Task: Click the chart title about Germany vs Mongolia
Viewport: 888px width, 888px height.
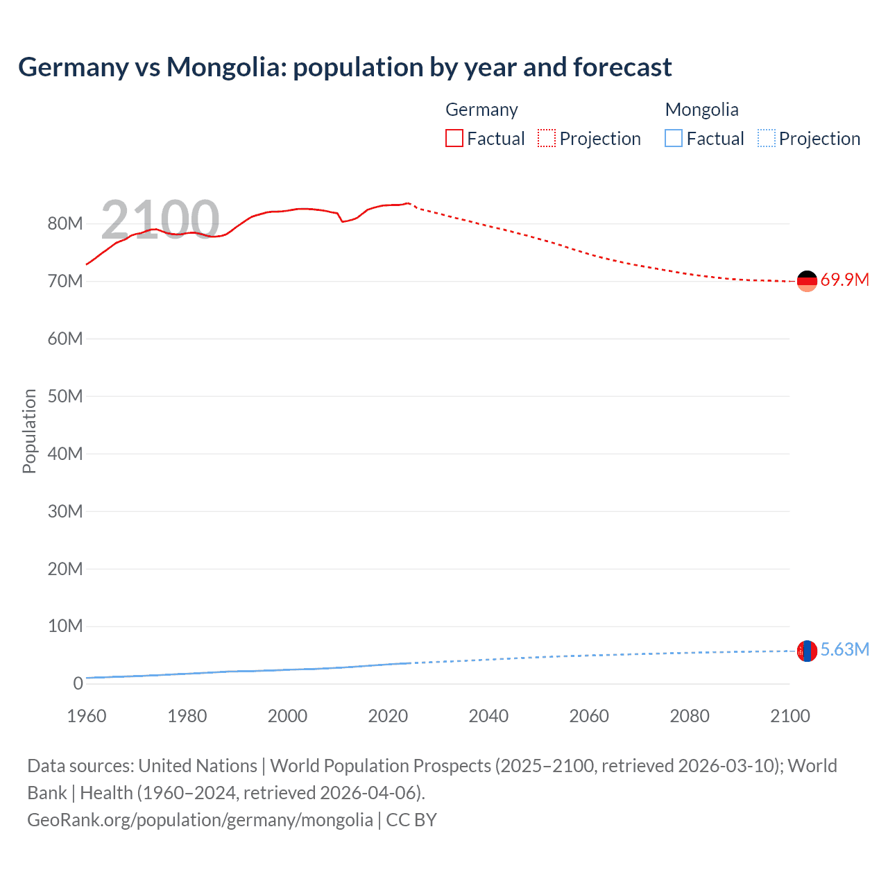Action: tap(345, 67)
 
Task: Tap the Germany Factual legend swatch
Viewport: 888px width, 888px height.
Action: tap(454, 139)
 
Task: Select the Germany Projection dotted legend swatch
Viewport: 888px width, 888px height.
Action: tap(547, 139)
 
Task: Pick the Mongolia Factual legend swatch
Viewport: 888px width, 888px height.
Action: tap(674, 139)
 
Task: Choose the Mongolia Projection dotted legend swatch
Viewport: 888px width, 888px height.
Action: tap(767, 139)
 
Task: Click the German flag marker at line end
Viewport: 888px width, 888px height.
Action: tap(807, 281)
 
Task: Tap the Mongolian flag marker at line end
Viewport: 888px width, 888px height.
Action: tap(807, 651)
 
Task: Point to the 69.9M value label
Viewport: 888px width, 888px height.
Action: tap(844, 280)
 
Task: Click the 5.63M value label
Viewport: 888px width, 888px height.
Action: tap(844, 649)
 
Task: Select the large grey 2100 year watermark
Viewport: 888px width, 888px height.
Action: tap(160, 220)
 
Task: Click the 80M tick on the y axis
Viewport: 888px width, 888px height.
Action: tap(65, 223)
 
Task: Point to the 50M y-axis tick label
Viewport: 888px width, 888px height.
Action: tap(65, 396)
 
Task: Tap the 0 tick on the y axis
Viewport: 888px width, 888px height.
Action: tap(78, 683)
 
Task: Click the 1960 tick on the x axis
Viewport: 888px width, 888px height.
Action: tap(87, 716)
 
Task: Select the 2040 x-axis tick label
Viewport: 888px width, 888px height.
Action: tap(488, 716)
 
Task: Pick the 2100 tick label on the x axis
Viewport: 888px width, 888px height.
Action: tap(789, 716)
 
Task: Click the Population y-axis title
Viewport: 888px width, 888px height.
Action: tap(29, 431)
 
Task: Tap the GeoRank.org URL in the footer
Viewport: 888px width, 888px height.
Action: tap(200, 820)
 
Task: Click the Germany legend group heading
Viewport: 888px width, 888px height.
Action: tap(481, 110)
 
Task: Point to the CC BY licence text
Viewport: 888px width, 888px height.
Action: tap(411, 820)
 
